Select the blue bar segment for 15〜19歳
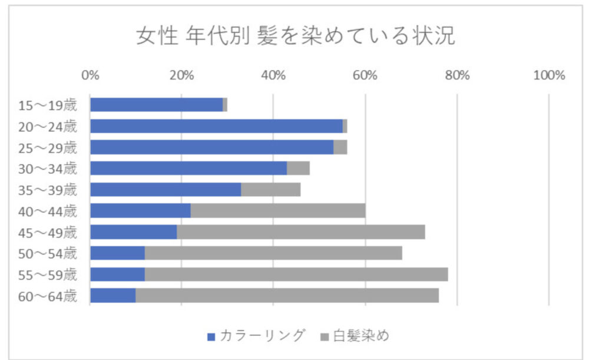[156, 105]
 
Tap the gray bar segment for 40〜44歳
[278, 210]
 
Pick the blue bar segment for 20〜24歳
[216, 126]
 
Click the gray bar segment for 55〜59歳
[296, 274]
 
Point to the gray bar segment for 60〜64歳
[287, 295]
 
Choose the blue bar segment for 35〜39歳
[166, 190]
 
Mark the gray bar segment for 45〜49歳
[301, 232]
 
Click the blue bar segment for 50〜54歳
[117, 253]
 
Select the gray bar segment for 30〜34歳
[298, 168]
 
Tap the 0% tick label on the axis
[90, 75]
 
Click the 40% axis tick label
[273, 75]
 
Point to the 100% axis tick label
[548, 75]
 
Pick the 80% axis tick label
[457, 75]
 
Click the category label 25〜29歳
[48, 147]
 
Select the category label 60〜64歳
[48, 296]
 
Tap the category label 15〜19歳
[48, 105]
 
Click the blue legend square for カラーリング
[211, 336]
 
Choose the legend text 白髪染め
[361, 336]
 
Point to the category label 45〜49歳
[48, 232]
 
